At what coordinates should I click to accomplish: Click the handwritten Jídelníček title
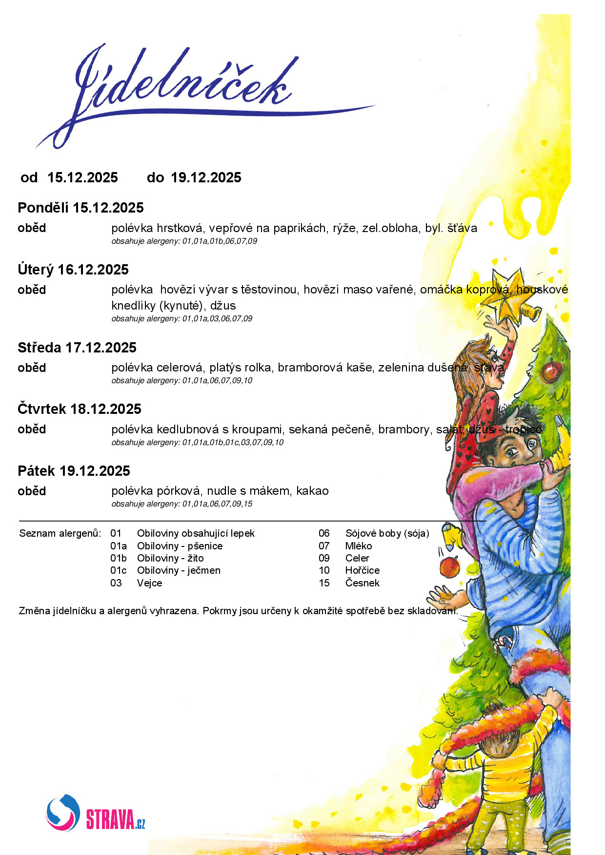pyautogui.click(x=185, y=85)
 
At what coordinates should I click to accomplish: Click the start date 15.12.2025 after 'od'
pyautogui.click(x=82, y=177)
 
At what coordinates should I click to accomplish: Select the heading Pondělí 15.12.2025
pyautogui.click(x=81, y=208)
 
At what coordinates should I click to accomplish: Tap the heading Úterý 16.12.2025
pyautogui.click(x=73, y=270)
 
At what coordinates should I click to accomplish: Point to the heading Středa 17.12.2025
pyautogui.click(x=77, y=348)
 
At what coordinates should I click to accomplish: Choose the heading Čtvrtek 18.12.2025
pyautogui.click(x=80, y=409)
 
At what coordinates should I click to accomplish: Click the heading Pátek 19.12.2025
pyautogui.click(x=74, y=471)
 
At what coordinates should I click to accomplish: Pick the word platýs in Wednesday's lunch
pyautogui.click(x=225, y=368)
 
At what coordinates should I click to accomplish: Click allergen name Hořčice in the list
pyautogui.click(x=362, y=570)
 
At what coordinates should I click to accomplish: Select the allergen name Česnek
pyautogui.click(x=362, y=583)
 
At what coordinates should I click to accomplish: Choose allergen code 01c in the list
pyautogui.click(x=118, y=570)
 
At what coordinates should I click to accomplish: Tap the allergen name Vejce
pyautogui.click(x=149, y=583)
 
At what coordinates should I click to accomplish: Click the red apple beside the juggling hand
pyautogui.click(x=449, y=567)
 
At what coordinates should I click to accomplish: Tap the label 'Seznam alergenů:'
pyautogui.click(x=60, y=533)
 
